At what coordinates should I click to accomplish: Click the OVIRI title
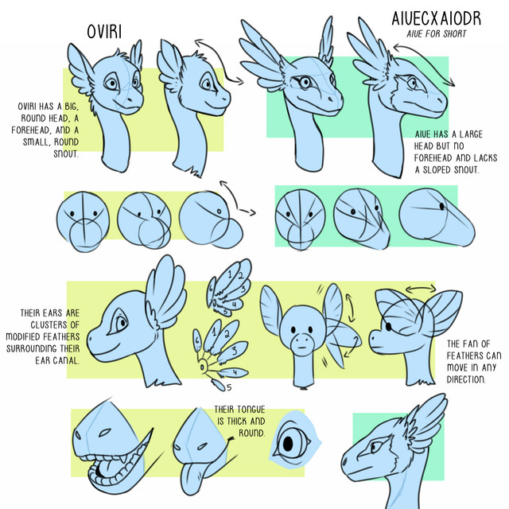(104, 32)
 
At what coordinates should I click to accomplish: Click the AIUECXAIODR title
(436, 18)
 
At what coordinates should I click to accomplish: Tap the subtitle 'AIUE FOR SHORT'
(437, 33)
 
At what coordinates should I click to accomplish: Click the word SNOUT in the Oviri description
(66, 153)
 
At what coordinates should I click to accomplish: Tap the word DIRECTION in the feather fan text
(466, 379)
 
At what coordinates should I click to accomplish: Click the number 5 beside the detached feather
(229, 387)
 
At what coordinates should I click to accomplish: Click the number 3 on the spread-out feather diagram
(235, 351)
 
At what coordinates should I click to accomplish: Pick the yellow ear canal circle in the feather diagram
(202, 367)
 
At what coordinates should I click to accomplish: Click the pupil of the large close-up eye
(288, 444)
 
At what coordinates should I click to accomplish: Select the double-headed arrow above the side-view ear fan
(421, 288)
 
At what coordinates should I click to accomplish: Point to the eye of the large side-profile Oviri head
(120, 323)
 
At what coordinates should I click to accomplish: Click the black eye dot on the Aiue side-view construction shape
(442, 206)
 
